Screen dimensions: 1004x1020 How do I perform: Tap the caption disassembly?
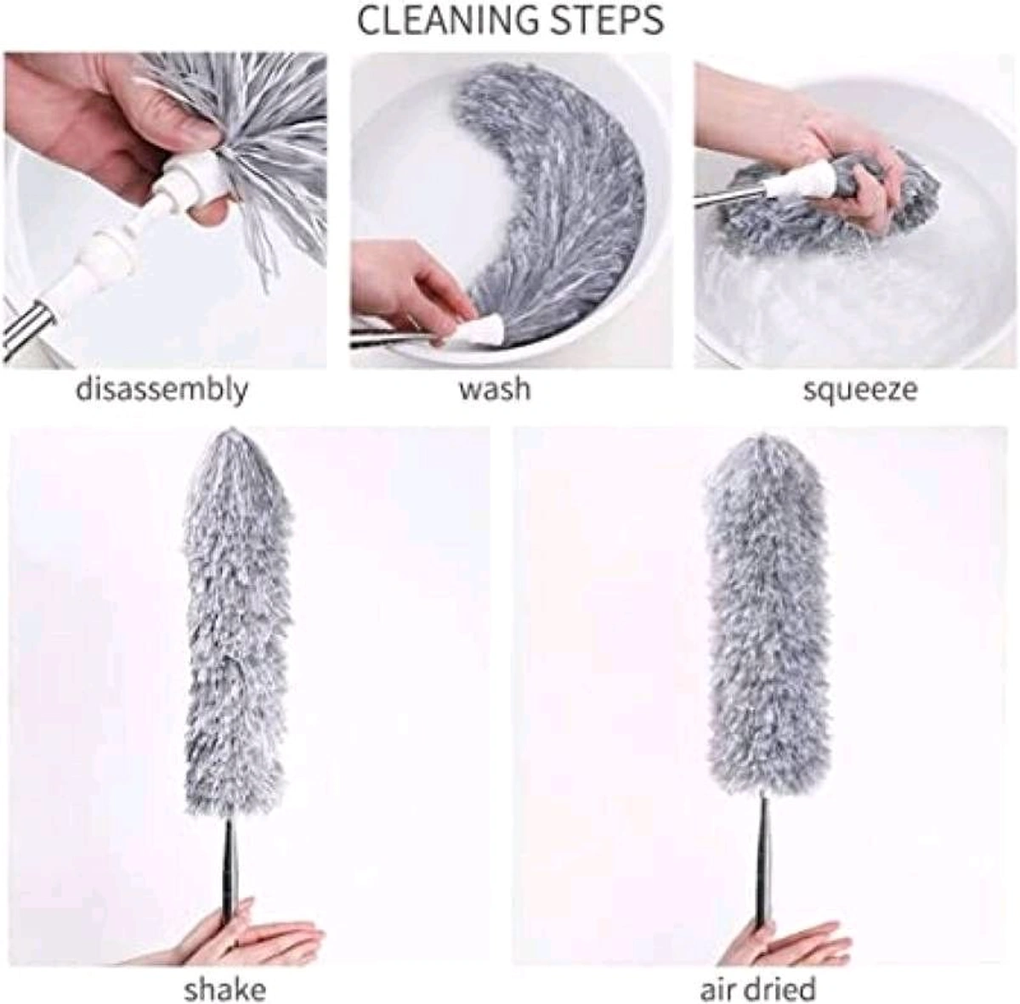162,390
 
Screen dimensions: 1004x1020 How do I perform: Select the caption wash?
495,390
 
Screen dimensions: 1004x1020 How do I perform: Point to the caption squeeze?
860,390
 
